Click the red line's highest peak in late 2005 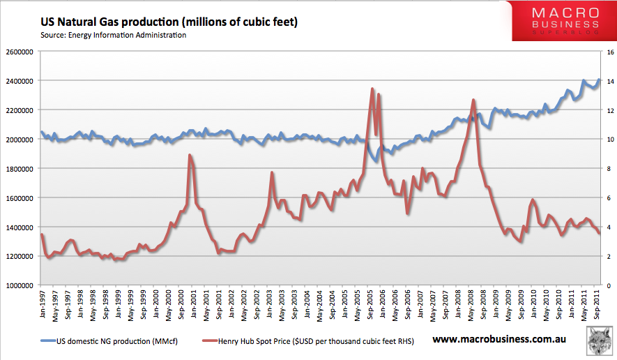372,89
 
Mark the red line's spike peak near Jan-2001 190,155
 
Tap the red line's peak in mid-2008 473,100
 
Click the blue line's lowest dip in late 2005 376,161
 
